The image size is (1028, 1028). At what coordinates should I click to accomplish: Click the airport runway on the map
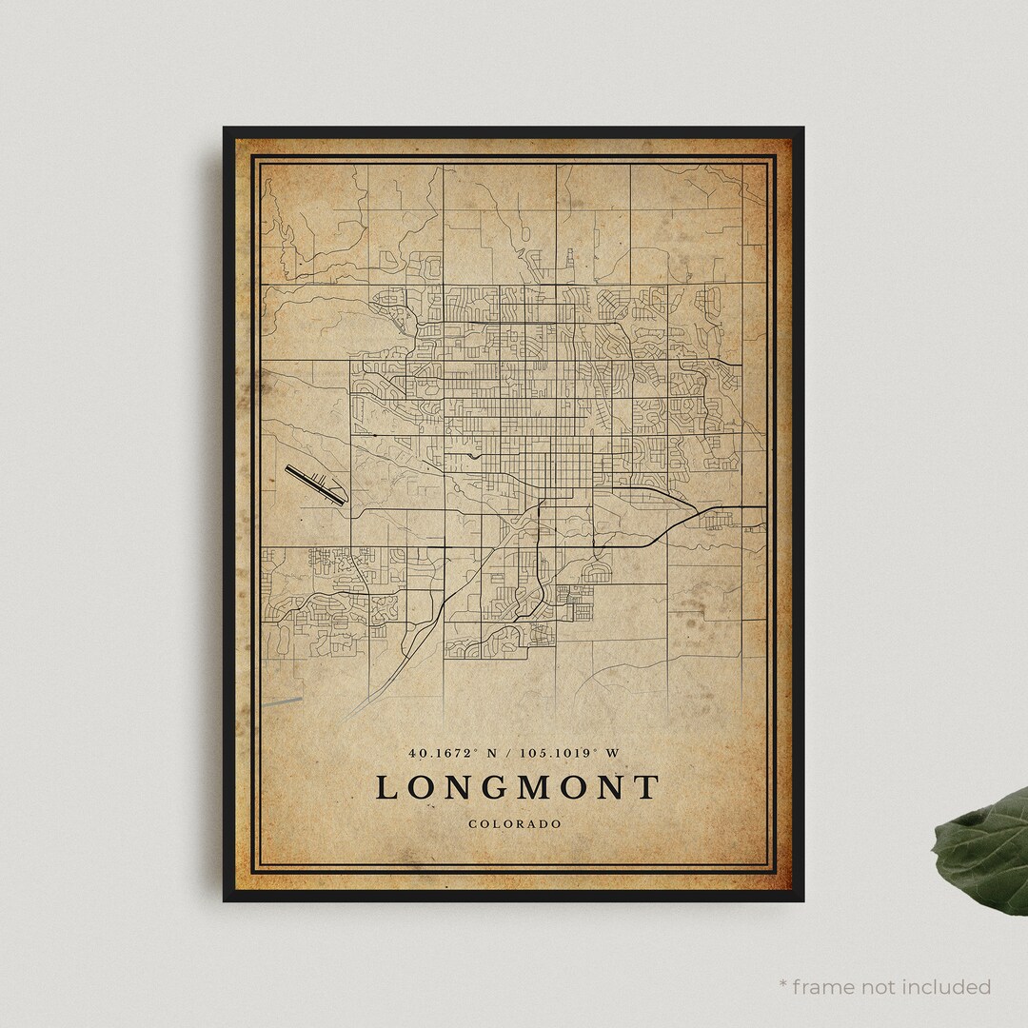[x=313, y=484]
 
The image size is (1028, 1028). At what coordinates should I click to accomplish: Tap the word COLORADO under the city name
[x=514, y=823]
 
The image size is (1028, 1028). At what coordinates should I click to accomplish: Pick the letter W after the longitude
[x=613, y=753]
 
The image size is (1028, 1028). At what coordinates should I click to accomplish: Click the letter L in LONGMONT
[x=387, y=788]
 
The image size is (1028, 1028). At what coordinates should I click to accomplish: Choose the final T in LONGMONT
[x=646, y=788]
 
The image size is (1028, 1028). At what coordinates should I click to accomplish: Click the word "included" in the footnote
[x=946, y=986]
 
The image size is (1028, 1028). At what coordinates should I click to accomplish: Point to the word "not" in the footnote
[x=880, y=986]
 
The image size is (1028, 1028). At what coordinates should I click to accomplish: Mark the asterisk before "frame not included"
[x=783, y=984]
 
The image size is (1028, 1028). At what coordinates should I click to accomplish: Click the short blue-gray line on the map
[x=282, y=702]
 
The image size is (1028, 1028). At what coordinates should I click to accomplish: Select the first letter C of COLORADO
[x=472, y=823]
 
